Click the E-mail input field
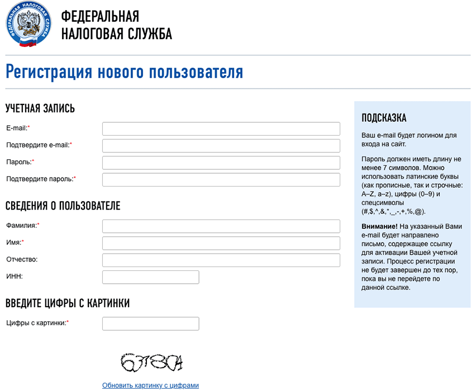221,128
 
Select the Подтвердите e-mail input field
221,146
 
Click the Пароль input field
221,163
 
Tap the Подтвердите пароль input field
221,180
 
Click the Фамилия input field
221,226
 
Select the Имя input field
221,244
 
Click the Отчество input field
221,260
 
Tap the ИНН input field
151,277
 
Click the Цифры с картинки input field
151,323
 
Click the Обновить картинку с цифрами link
150,385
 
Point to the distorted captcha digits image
151,363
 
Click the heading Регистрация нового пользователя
124,72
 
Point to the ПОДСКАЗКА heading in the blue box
384,118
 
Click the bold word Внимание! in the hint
379,226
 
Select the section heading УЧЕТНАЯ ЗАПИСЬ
40,108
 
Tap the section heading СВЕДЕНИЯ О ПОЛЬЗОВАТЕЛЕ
63,206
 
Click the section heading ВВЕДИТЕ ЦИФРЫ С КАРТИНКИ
68,303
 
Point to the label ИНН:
15,276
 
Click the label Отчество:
22,260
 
